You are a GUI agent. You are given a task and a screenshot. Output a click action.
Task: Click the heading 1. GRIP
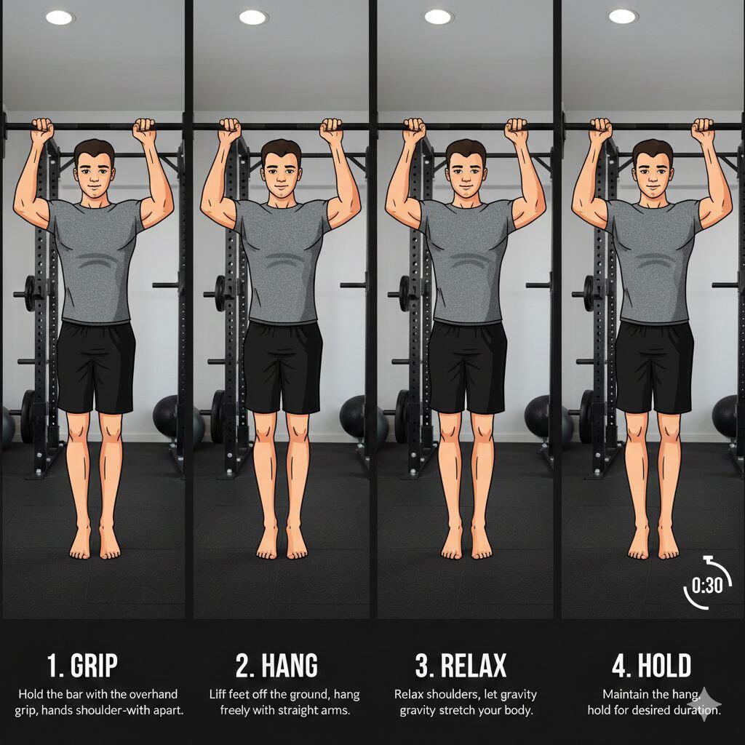82,665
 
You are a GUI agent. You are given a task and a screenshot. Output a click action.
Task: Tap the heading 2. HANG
276,665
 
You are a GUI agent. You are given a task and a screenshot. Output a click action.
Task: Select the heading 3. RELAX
461,665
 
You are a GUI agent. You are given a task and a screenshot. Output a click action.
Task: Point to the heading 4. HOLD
651,665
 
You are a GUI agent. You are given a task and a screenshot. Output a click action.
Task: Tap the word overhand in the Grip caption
153,694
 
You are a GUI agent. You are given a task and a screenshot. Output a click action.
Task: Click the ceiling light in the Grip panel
60,17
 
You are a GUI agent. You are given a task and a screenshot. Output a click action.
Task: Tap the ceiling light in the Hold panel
622,17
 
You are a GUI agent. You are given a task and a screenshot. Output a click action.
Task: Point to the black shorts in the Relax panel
467,367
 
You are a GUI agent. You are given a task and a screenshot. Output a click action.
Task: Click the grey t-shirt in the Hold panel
653,260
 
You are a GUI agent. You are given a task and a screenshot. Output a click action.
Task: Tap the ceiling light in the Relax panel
437,17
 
